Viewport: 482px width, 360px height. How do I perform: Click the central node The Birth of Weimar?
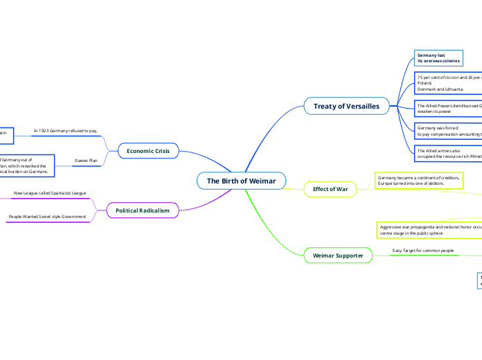pyautogui.click(x=241, y=181)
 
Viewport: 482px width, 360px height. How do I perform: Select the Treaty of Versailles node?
pyautogui.click(x=346, y=106)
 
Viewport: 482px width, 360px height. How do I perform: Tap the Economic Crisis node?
pyautogui.click(x=149, y=150)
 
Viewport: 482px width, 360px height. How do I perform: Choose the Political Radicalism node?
pyautogui.click(x=142, y=210)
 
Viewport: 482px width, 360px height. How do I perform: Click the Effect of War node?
pyautogui.click(x=330, y=189)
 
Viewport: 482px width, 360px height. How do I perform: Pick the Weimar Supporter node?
pyautogui.click(x=338, y=255)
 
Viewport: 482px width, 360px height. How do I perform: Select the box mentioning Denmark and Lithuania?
pyautogui.click(x=447, y=82)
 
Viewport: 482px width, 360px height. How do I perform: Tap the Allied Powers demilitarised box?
pyautogui.click(x=447, y=108)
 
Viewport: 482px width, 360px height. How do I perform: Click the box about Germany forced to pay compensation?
pyautogui.click(x=447, y=132)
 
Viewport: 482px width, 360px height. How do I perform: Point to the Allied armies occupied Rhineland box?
pyautogui.click(x=447, y=153)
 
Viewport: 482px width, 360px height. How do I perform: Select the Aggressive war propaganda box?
pyautogui.click(x=429, y=230)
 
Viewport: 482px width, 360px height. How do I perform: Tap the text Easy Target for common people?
pyautogui.click(x=423, y=250)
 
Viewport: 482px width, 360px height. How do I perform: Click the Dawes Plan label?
pyautogui.click(x=86, y=160)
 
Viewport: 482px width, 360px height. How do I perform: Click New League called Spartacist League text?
pyautogui.click(x=50, y=192)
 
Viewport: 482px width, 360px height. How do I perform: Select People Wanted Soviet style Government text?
pyautogui.click(x=47, y=217)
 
